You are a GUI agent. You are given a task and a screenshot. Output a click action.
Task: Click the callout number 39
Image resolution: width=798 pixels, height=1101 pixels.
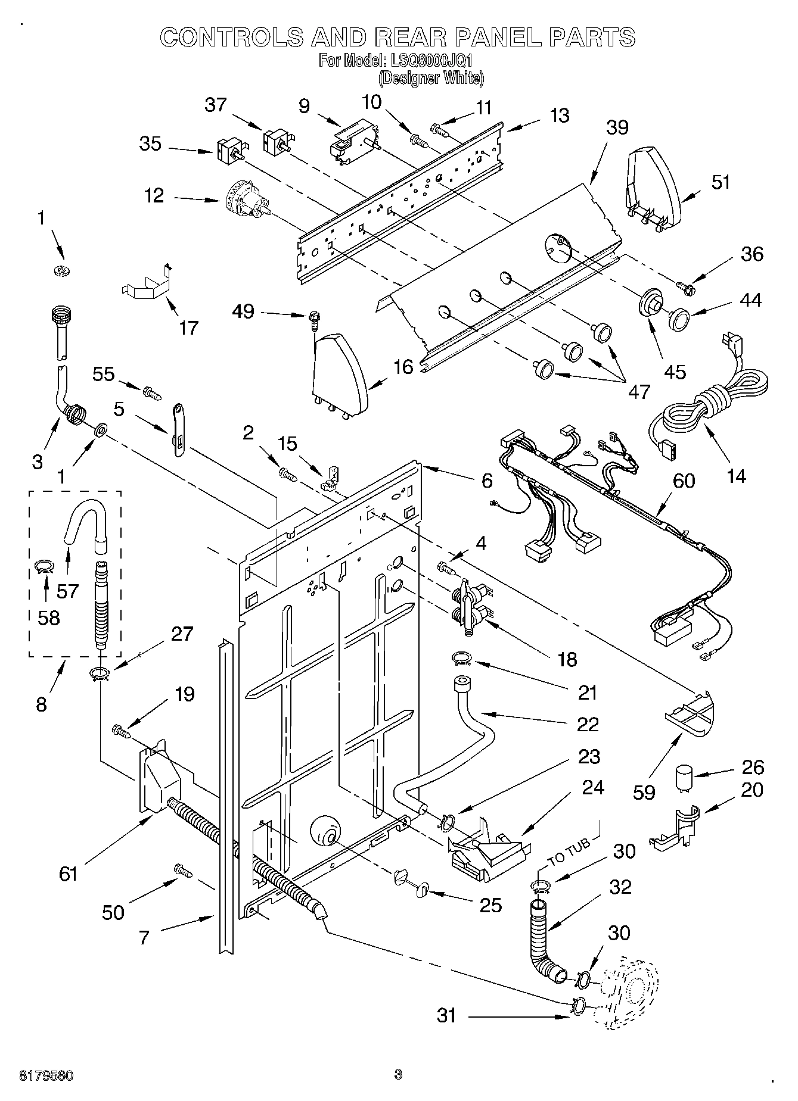point(617,127)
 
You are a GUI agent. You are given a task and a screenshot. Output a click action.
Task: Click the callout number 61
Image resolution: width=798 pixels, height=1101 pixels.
point(69,874)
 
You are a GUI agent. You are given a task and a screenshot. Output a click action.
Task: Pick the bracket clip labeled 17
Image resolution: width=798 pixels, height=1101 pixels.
point(146,282)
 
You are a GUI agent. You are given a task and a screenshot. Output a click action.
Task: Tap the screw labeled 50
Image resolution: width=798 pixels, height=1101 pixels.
point(182,870)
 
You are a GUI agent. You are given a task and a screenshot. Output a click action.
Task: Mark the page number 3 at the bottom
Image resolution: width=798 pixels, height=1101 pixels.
point(398,1075)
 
